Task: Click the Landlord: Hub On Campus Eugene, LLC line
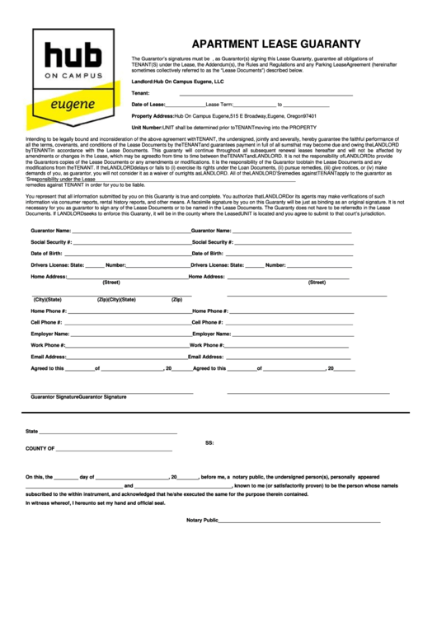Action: (x=177, y=82)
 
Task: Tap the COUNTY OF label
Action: (x=40, y=449)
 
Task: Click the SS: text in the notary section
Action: (x=209, y=442)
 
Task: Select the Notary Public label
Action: (x=202, y=520)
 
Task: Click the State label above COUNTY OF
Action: (x=31, y=431)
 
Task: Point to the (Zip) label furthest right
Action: (x=176, y=299)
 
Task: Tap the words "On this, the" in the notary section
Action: (x=39, y=476)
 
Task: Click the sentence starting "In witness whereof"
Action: (x=90, y=502)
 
